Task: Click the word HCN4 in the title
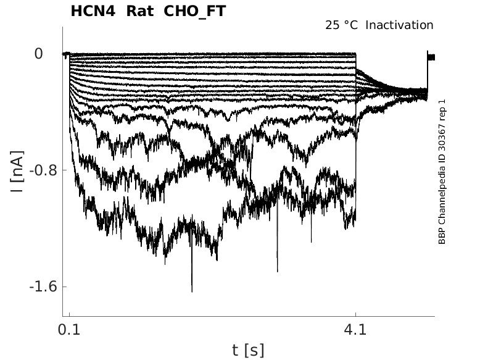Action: click(x=91, y=11)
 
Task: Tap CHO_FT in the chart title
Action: click(x=191, y=11)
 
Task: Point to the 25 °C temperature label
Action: click(x=342, y=25)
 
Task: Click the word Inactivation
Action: click(x=400, y=25)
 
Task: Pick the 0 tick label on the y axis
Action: click(x=38, y=54)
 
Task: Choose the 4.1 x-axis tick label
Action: click(x=355, y=330)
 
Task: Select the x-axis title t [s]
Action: click(x=248, y=351)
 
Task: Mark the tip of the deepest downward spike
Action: click(x=192, y=291)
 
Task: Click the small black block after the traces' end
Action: click(x=431, y=57)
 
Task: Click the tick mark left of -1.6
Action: click(x=65, y=287)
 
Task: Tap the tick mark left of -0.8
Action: click(x=65, y=170)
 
